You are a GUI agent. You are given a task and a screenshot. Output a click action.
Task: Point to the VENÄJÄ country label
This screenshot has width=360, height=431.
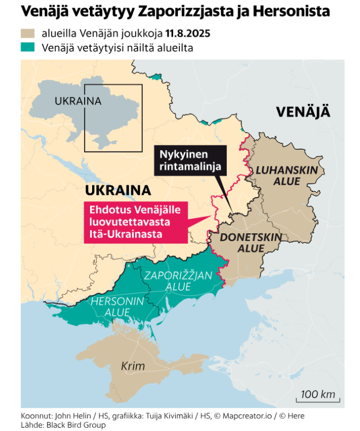click(x=302, y=112)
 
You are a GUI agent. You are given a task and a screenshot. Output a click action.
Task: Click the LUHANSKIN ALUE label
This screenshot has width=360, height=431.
click(x=286, y=176)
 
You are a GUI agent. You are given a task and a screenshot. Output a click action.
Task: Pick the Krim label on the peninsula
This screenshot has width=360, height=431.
click(x=133, y=366)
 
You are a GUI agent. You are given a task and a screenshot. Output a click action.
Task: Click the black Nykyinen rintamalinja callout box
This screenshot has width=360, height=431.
click(x=190, y=160)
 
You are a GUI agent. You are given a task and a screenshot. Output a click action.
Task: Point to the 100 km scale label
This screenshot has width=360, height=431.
click(x=318, y=394)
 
